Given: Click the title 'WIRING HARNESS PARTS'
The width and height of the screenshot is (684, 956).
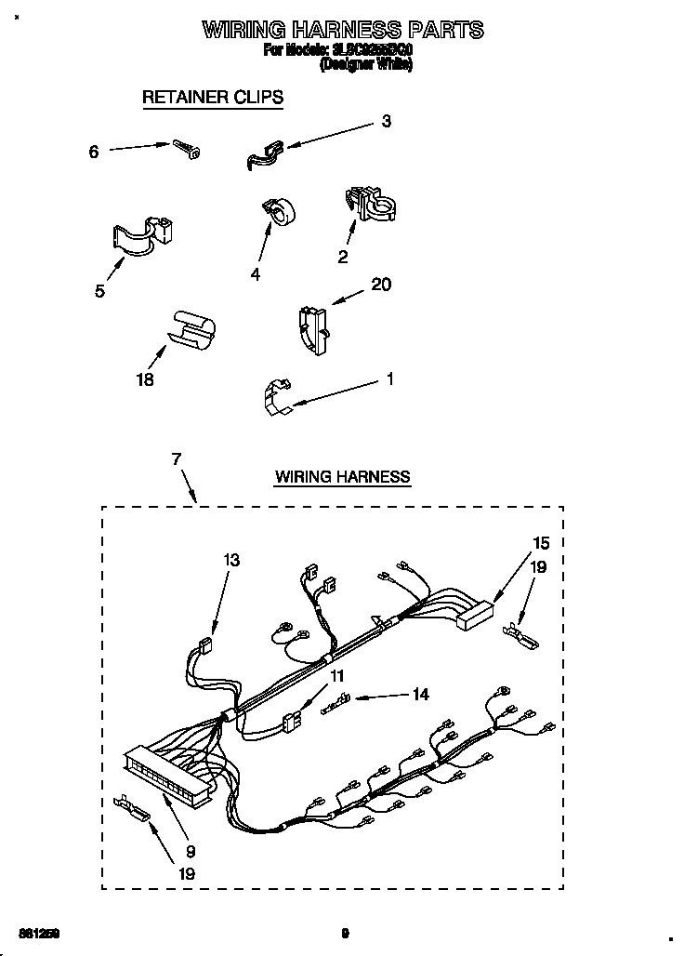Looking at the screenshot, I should pyautogui.click(x=343, y=30).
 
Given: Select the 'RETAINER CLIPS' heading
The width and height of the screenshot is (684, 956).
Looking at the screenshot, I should pyautogui.click(x=212, y=97).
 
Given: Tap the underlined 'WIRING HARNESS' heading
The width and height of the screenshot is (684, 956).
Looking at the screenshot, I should pyautogui.click(x=342, y=477).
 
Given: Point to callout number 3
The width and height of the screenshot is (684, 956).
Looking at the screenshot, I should pyautogui.click(x=386, y=121).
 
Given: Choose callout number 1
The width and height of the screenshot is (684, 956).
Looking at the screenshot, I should pyautogui.click(x=390, y=379).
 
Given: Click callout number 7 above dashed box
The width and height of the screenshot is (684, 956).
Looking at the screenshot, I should pyautogui.click(x=177, y=458).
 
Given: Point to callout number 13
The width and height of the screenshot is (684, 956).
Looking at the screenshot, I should pyautogui.click(x=230, y=560).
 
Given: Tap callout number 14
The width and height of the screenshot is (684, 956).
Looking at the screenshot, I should pyautogui.click(x=420, y=694).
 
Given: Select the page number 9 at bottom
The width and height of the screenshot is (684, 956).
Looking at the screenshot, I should pyautogui.click(x=344, y=933).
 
